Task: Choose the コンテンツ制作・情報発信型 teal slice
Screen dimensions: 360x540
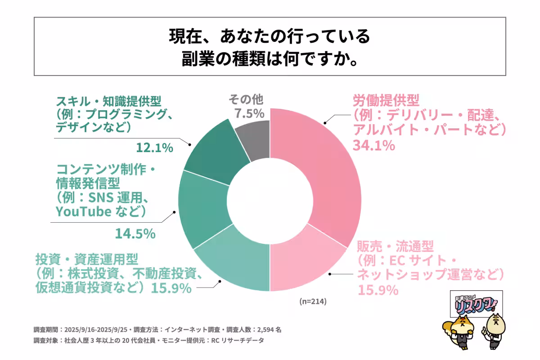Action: pos(202,207)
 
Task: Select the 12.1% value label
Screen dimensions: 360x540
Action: pos(154,147)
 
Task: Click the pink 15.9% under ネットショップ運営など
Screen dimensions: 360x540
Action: pos(378,290)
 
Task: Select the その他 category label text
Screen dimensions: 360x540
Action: pos(246,99)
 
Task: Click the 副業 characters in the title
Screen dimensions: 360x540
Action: pos(194,58)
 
